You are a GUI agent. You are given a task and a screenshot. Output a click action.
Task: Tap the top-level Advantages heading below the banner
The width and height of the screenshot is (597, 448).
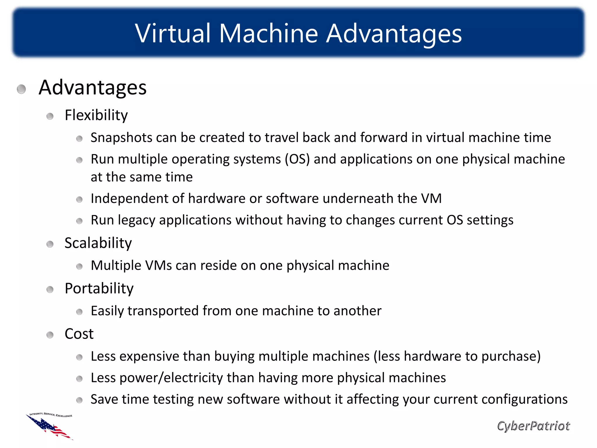(92, 87)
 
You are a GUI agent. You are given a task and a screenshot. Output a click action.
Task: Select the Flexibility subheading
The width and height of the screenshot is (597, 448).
(96, 115)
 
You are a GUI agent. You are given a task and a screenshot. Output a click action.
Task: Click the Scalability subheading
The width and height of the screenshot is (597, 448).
(98, 243)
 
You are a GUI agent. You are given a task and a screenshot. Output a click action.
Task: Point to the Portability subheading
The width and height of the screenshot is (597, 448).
(99, 288)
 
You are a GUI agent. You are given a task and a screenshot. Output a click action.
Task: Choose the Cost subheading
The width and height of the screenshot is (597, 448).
(79, 334)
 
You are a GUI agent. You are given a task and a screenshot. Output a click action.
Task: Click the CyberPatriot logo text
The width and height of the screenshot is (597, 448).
(533, 426)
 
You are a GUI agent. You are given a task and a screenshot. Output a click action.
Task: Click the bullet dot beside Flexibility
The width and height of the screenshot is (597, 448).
(50, 116)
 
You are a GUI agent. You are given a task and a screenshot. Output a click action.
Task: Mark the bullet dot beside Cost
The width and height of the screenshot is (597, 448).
(50, 335)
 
